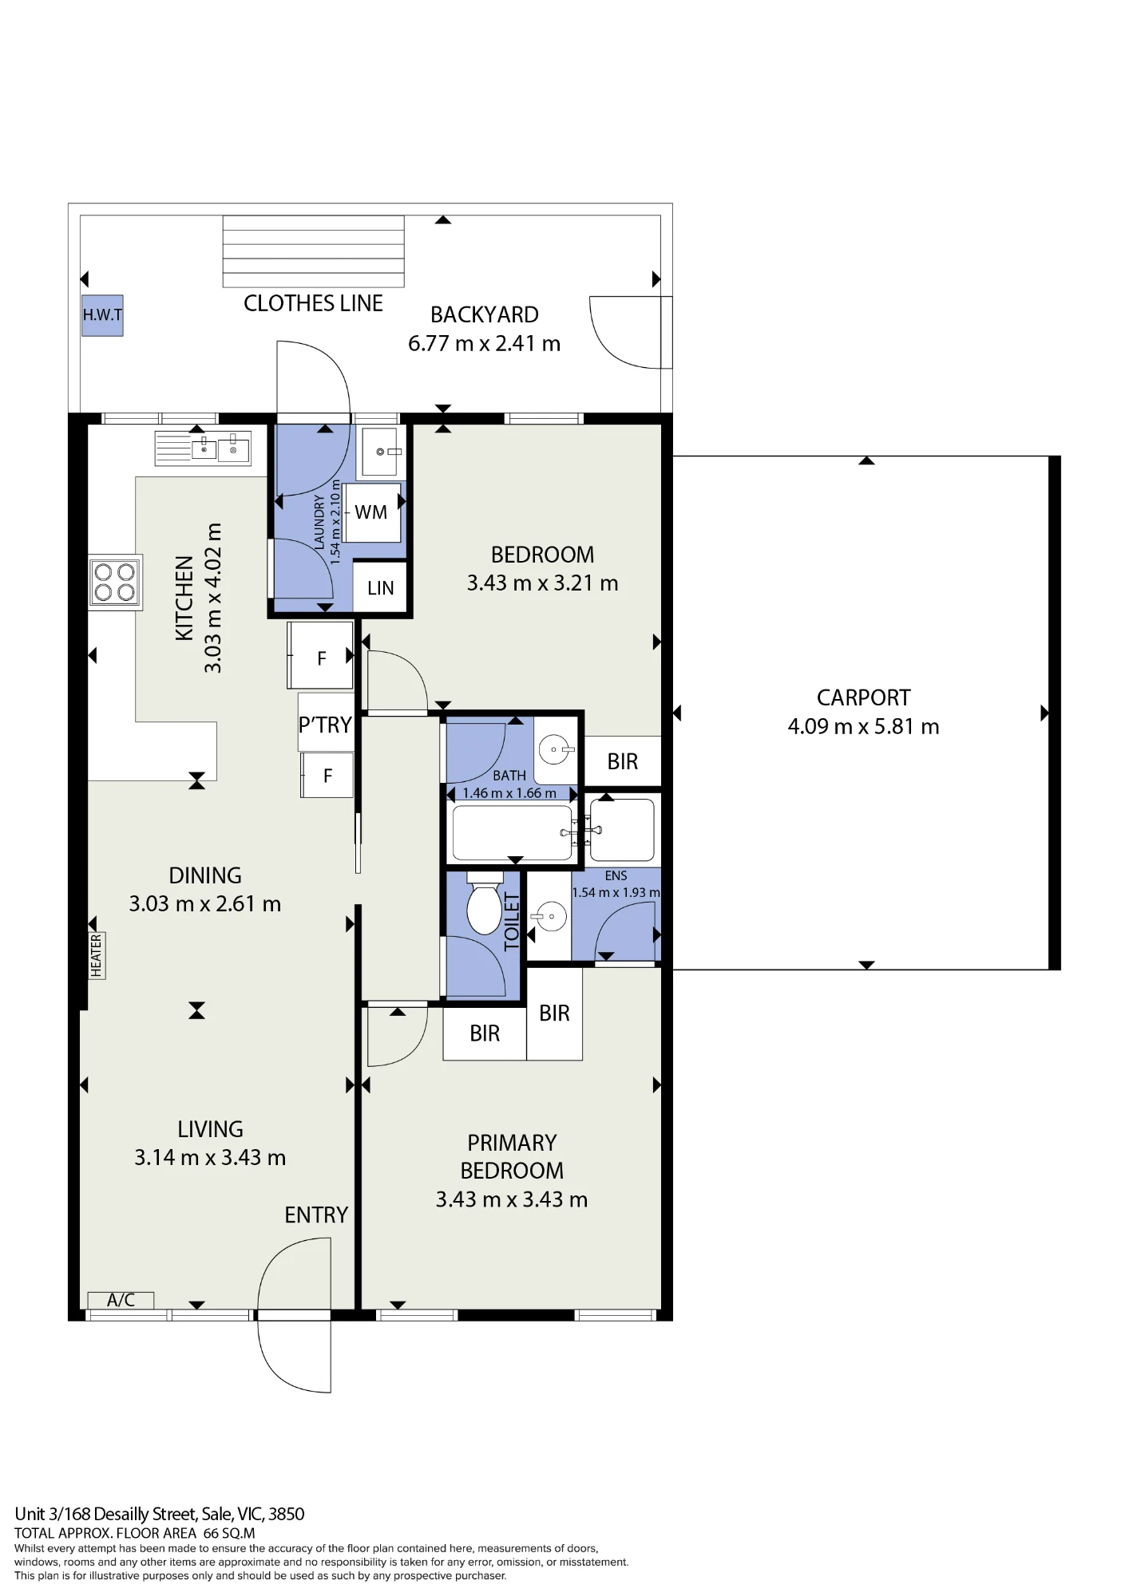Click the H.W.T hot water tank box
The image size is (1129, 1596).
102,314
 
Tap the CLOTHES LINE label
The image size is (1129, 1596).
313,303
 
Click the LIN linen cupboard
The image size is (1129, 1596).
380,588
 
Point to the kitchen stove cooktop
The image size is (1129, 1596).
115,582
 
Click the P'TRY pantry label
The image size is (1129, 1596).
325,725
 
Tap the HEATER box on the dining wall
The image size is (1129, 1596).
97,955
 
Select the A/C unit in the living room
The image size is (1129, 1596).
121,1300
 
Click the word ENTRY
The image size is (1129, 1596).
316,1215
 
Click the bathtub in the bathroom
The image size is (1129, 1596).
512,832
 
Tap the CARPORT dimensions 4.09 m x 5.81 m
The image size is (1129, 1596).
863,726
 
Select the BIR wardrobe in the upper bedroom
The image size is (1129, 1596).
623,761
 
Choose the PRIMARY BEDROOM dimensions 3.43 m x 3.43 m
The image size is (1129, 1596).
512,1199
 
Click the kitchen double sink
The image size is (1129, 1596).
203,448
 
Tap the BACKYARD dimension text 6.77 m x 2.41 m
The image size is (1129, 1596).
484,343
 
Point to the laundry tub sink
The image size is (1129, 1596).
381,452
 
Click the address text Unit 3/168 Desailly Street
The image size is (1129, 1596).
105,1514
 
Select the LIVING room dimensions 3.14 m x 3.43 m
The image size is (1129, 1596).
210,1157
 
